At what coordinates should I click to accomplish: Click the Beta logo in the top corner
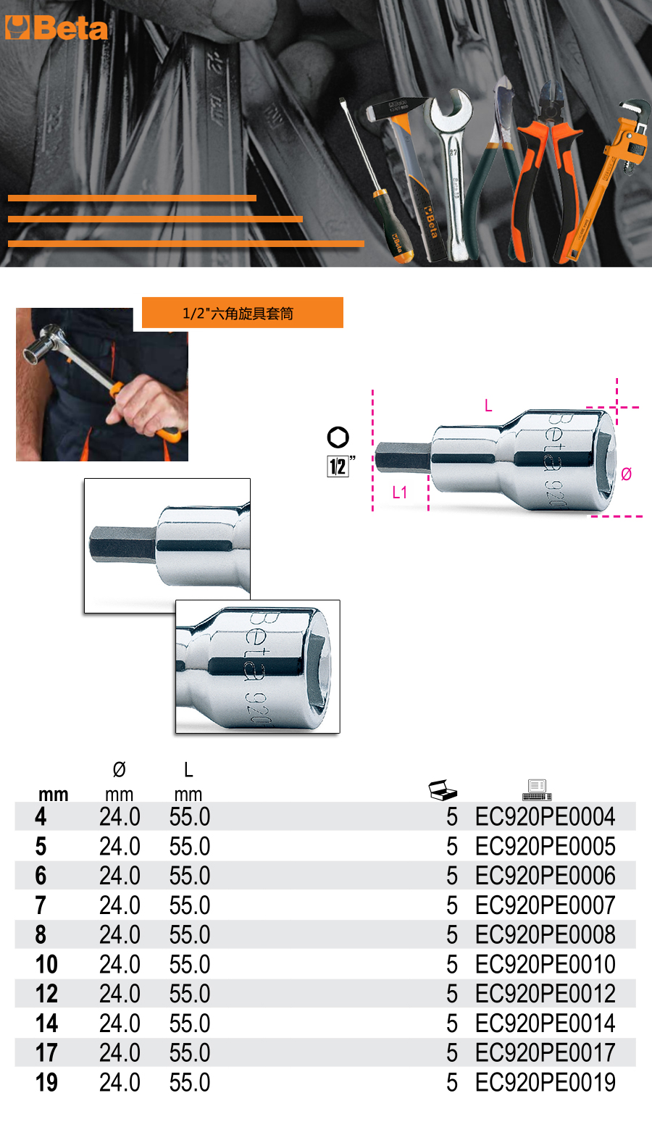tap(57, 28)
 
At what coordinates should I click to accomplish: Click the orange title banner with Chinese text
tap(243, 312)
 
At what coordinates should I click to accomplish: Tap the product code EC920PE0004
tap(546, 816)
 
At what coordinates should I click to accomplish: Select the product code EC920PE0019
tap(546, 1082)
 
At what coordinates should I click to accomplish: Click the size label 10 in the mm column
tap(46, 964)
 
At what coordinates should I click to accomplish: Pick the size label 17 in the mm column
tap(46, 1052)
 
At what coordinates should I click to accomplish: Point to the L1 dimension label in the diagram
tap(399, 493)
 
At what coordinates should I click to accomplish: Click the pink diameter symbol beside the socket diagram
tap(627, 474)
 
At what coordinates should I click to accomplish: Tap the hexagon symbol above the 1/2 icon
tap(338, 437)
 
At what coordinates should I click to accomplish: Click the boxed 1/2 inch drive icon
tap(338, 466)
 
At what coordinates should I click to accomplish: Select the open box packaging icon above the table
tap(443, 790)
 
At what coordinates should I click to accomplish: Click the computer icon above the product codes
tap(538, 790)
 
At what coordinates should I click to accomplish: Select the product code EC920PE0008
tap(546, 935)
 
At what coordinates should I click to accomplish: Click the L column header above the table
tap(188, 770)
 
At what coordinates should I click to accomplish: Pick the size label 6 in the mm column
tap(41, 876)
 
